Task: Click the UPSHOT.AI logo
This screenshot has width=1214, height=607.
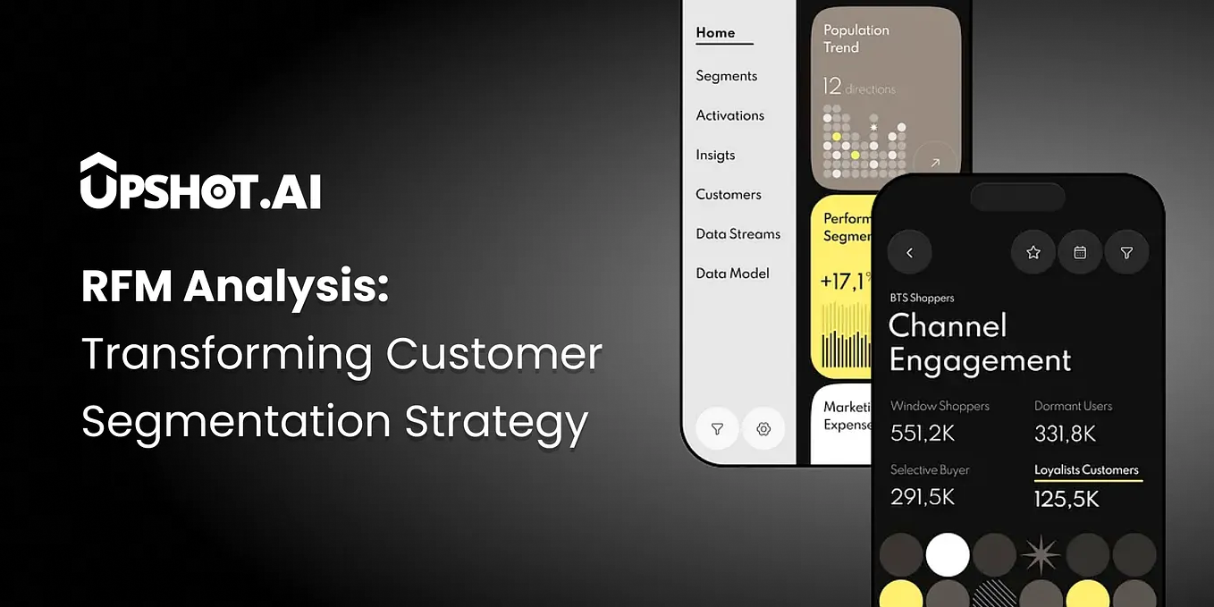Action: click(200, 182)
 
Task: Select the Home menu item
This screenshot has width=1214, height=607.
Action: click(715, 33)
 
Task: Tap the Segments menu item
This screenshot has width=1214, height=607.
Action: click(726, 76)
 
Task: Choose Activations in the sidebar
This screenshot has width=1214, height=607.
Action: click(729, 115)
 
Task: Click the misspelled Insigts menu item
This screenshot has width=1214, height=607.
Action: click(715, 155)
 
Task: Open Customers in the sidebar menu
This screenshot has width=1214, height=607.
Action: click(728, 194)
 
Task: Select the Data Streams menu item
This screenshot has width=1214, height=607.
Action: click(738, 233)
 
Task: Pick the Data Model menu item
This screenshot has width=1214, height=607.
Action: click(732, 274)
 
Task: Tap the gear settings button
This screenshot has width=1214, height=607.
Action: click(763, 429)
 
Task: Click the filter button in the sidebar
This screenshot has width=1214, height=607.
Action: click(717, 429)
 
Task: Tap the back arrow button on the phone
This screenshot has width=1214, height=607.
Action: click(909, 253)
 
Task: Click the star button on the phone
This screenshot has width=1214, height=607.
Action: click(1033, 253)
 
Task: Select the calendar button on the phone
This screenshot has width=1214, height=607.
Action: click(1080, 253)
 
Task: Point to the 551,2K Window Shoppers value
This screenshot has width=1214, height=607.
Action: click(923, 434)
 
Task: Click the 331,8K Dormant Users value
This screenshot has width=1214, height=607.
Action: click(1065, 434)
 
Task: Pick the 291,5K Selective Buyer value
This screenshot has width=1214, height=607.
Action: click(923, 497)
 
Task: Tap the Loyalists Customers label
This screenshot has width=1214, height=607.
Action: click(1086, 470)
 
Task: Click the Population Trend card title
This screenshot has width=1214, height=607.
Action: click(856, 38)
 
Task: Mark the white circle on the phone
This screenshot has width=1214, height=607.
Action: click(948, 554)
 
